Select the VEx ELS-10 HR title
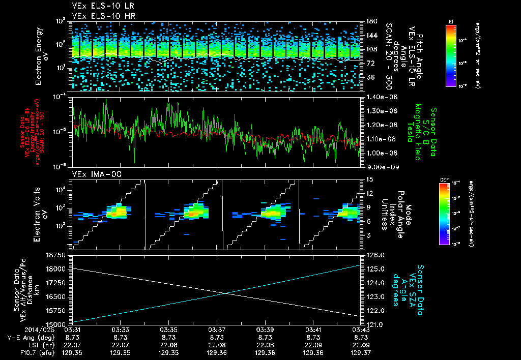tap(99, 16)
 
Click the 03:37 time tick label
tap(217, 329)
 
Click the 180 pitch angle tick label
tap(371, 21)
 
